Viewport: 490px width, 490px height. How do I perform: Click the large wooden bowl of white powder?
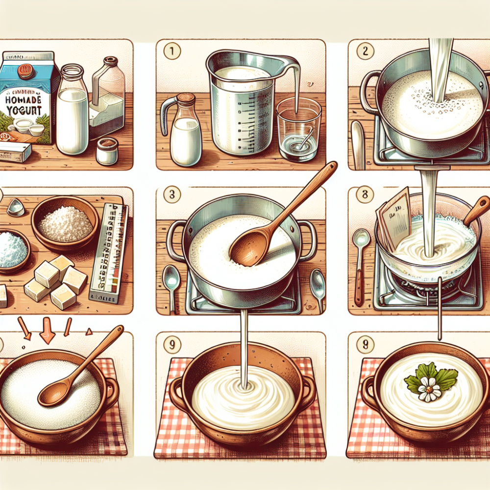coord(65,223)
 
